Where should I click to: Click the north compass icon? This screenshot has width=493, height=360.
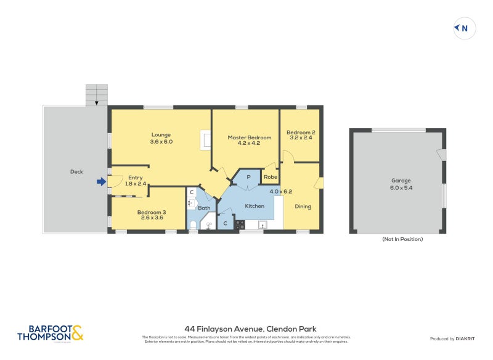click(x=465, y=28)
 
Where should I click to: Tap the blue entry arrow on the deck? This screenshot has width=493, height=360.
click(x=101, y=181)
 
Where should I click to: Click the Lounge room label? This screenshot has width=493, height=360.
click(x=161, y=138)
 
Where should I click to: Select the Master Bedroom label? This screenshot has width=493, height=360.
click(x=245, y=141)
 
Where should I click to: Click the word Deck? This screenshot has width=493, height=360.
click(x=76, y=172)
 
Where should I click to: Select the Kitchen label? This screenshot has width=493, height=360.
click(x=255, y=206)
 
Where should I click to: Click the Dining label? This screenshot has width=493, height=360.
click(x=303, y=207)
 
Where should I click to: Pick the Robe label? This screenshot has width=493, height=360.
click(x=270, y=178)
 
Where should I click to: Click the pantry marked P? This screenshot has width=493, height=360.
click(x=248, y=177)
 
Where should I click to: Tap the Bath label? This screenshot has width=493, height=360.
click(x=204, y=208)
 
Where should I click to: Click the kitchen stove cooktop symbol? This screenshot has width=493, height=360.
click(x=240, y=224)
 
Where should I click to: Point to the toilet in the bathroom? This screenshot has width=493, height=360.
click(x=192, y=224)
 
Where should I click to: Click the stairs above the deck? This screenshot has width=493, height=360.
click(x=96, y=95)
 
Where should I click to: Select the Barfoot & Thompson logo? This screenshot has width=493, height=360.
click(x=50, y=333)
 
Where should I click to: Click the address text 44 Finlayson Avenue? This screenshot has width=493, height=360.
click(x=250, y=329)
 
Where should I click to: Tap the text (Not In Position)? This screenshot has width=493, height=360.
click(x=402, y=239)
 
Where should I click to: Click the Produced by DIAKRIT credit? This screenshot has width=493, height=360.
click(x=451, y=338)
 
